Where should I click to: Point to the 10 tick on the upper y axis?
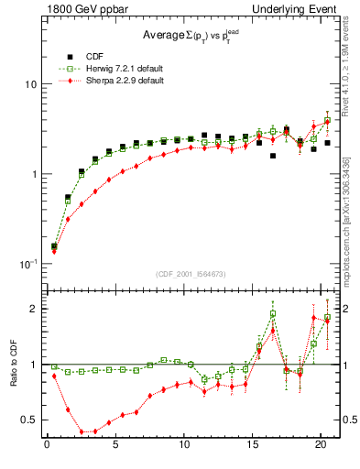30,84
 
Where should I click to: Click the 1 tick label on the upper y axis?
33,174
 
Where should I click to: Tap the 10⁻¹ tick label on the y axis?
27,264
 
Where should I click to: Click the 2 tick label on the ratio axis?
33,309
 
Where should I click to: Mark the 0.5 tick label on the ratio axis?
28,420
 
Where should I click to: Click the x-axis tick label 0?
47,446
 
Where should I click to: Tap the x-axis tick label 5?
115,446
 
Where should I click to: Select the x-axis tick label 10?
184,446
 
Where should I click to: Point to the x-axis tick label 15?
252,446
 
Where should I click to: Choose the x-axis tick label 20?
321,446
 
